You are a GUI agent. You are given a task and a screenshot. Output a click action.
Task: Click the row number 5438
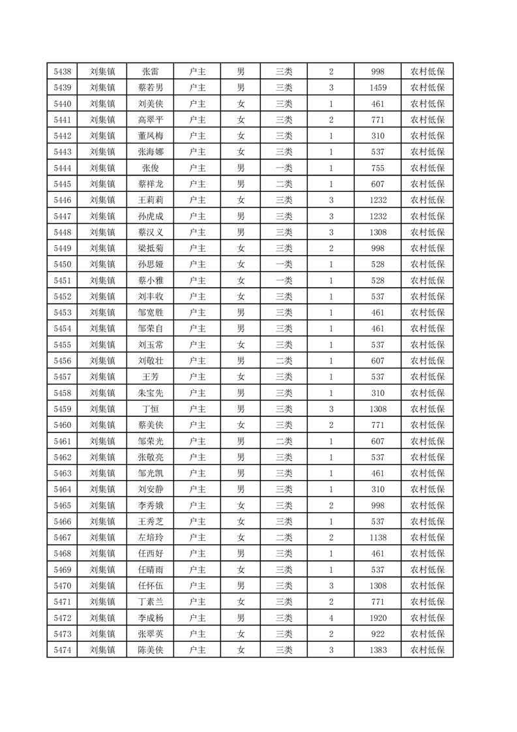click(x=63, y=72)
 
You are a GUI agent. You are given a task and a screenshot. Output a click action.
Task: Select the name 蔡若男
click(x=151, y=88)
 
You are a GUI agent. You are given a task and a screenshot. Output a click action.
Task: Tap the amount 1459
click(x=377, y=88)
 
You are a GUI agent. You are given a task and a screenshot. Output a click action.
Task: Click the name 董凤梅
click(x=151, y=136)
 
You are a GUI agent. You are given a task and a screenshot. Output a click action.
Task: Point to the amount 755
click(x=377, y=168)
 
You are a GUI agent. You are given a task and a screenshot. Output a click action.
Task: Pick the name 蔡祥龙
click(x=151, y=184)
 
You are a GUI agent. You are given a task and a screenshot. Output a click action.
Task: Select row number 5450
click(x=63, y=264)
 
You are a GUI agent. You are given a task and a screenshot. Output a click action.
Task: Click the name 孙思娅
click(x=151, y=264)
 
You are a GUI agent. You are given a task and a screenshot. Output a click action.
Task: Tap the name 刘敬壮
click(x=151, y=360)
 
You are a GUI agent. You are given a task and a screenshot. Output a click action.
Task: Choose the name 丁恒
click(x=151, y=408)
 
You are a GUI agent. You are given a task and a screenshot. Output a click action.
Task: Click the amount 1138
click(x=377, y=537)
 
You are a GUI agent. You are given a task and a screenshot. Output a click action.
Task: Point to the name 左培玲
click(x=151, y=537)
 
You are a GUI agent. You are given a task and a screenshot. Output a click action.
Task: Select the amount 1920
click(x=377, y=617)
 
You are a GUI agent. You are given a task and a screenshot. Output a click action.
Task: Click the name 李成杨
click(x=151, y=617)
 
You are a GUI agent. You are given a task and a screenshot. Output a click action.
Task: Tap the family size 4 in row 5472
click(x=331, y=617)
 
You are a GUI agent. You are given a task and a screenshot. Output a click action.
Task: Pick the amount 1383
click(x=377, y=649)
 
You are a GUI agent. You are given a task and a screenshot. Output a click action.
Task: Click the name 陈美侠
click(x=151, y=649)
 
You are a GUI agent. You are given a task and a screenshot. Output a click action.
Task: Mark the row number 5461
click(x=63, y=440)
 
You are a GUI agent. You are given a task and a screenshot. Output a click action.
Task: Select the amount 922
click(x=377, y=633)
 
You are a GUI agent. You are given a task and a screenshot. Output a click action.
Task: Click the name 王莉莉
click(x=151, y=200)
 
